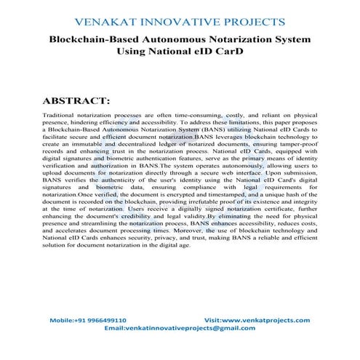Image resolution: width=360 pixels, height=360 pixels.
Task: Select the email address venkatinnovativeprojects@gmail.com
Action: click(x=191, y=328)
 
